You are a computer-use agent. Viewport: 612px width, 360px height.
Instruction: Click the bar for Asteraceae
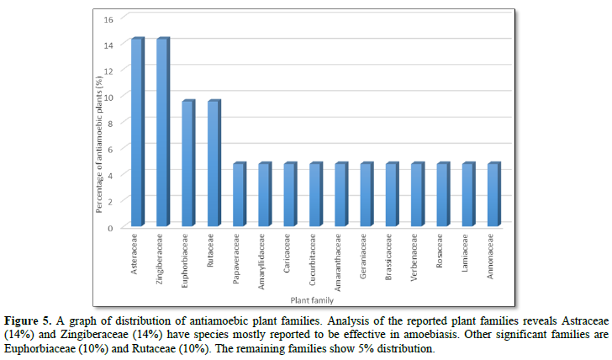click(137, 132)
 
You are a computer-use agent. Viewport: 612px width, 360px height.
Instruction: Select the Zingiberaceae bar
click(162, 132)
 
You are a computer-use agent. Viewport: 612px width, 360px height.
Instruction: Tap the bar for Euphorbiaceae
click(188, 163)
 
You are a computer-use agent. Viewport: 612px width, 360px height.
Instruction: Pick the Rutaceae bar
click(214, 163)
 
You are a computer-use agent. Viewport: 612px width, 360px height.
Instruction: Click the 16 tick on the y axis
click(108, 19)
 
